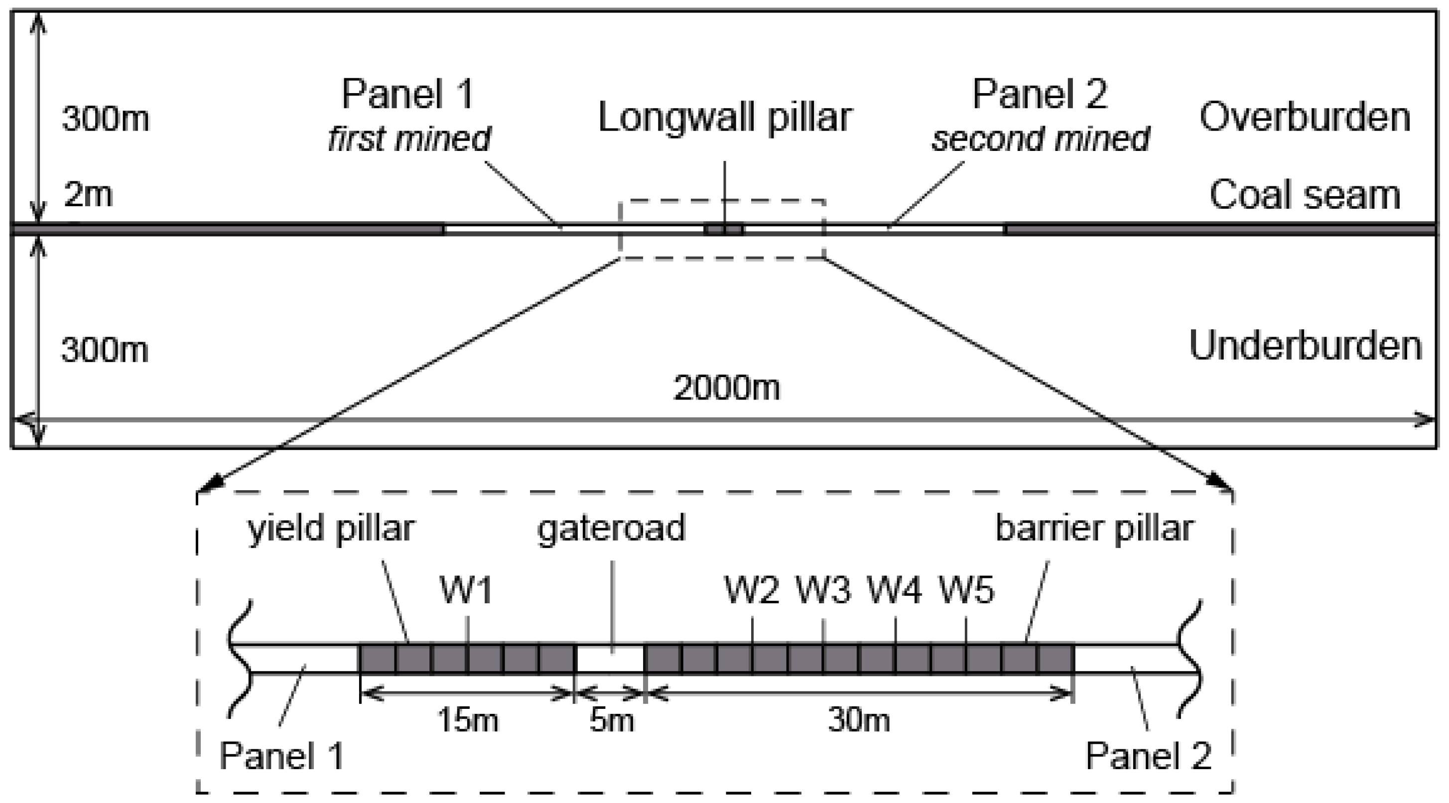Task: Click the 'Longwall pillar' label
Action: click(724, 118)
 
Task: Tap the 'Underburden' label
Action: click(1305, 346)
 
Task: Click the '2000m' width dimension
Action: click(726, 388)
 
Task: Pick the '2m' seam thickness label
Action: click(88, 194)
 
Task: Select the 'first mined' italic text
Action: click(409, 139)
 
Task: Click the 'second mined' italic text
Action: click(1040, 139)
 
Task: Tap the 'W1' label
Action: click(466, 590)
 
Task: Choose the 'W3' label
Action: click(823, 590)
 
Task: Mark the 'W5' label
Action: click(966, 590)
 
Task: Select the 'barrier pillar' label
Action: click(1094, 530)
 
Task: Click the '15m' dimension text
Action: click(467, 720)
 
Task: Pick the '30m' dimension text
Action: click(858, 720)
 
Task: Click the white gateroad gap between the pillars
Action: click(610, 659)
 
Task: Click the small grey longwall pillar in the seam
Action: click(724, 230)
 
